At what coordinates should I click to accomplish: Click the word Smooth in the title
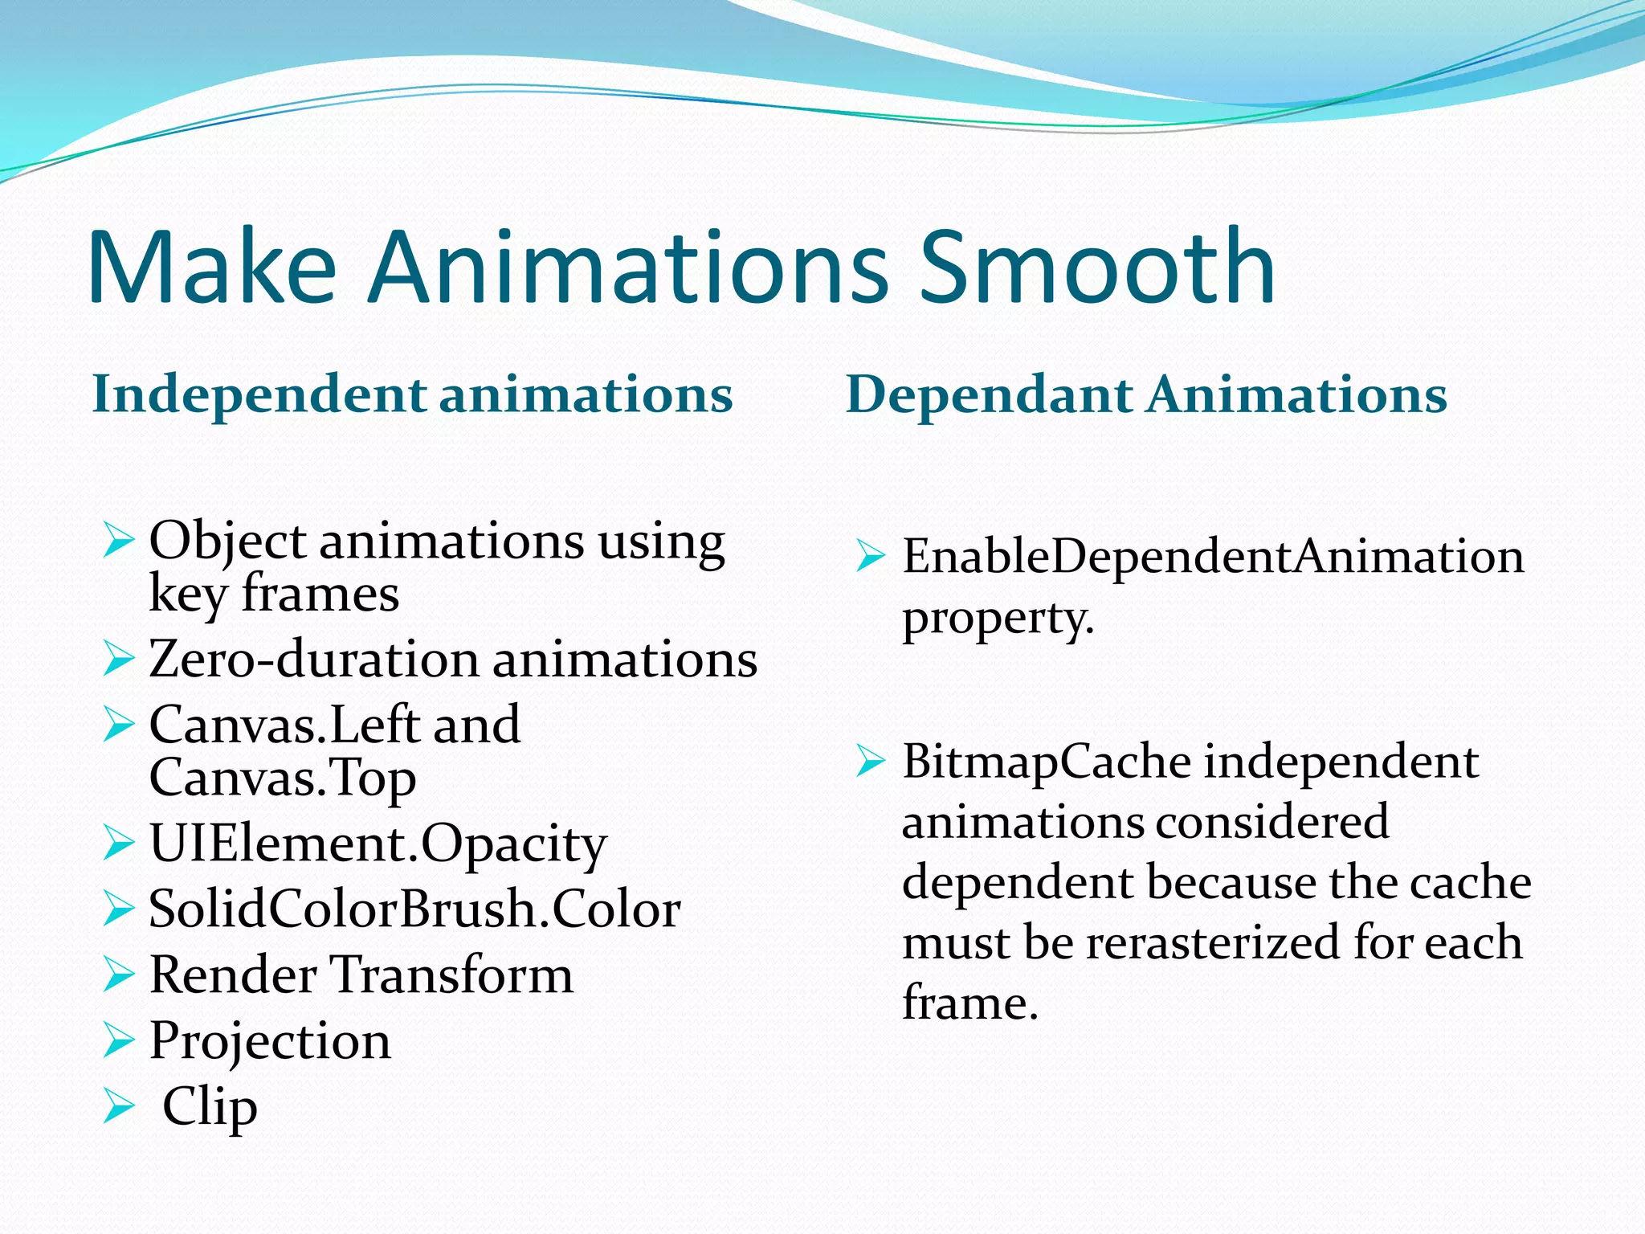[1096, 267]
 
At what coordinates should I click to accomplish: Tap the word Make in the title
[212, 267]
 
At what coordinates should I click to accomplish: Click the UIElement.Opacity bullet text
[378, 844]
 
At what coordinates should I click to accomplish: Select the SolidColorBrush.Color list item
[414, 909]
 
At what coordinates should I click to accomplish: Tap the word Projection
[270, 1041]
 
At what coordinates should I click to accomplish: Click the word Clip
[210, 1107]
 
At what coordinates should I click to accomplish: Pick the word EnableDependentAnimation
[1213, 556]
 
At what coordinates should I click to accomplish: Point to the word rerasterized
[1213, 942]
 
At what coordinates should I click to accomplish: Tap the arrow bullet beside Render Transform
[119, 975]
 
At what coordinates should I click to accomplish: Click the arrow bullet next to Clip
[119, 1106]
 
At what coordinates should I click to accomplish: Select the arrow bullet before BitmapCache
[871, 761]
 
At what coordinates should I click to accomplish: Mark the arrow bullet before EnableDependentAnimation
[871, 556]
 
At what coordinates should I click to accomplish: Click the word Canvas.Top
[282, 778]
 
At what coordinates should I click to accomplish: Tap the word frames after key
[320, 595]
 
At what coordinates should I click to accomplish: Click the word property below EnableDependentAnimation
[998, 619]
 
